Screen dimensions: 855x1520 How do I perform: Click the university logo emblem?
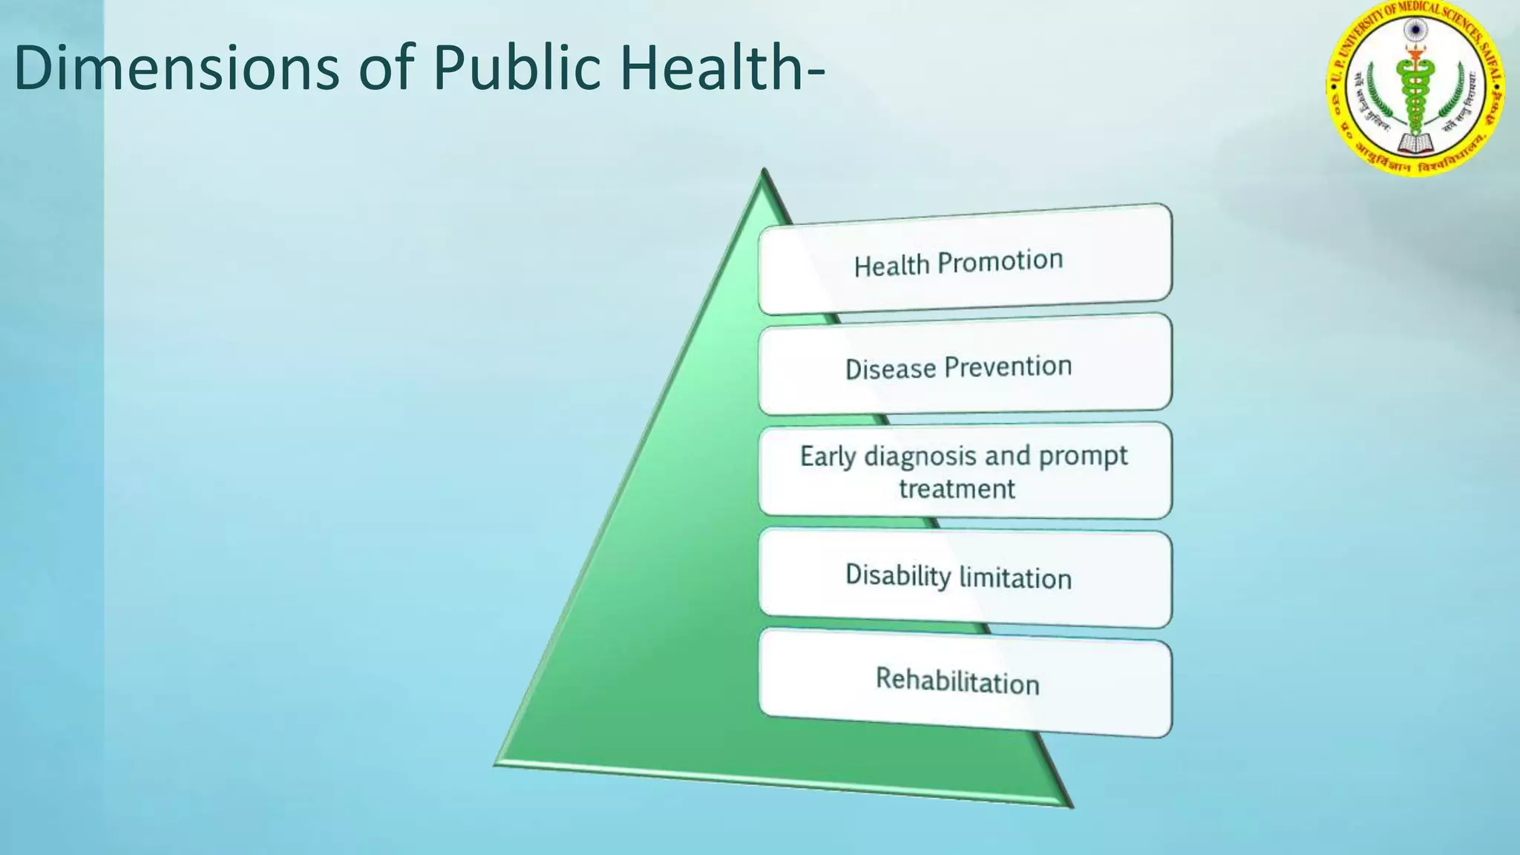click(x=1415, y=88)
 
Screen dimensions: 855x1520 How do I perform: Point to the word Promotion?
click(x=1000, y=261)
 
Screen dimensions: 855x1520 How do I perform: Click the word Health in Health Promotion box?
click(x=891, y=266)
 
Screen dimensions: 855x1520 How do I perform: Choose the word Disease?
click(x=891, y=369)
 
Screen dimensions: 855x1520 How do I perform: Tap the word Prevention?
click(x=1008, y=367)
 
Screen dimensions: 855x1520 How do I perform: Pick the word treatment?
click(x=957, y=489)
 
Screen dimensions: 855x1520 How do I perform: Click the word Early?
click(x=828, y=456)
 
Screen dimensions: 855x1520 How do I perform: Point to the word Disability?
click(x=898, y=575)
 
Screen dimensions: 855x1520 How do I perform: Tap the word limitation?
click(x=1015, y=578)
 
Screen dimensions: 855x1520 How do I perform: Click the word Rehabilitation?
click(x=957, y=681)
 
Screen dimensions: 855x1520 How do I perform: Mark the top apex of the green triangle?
click(x=764, y=172)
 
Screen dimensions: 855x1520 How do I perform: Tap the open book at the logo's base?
click(x=1416, y=142)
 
